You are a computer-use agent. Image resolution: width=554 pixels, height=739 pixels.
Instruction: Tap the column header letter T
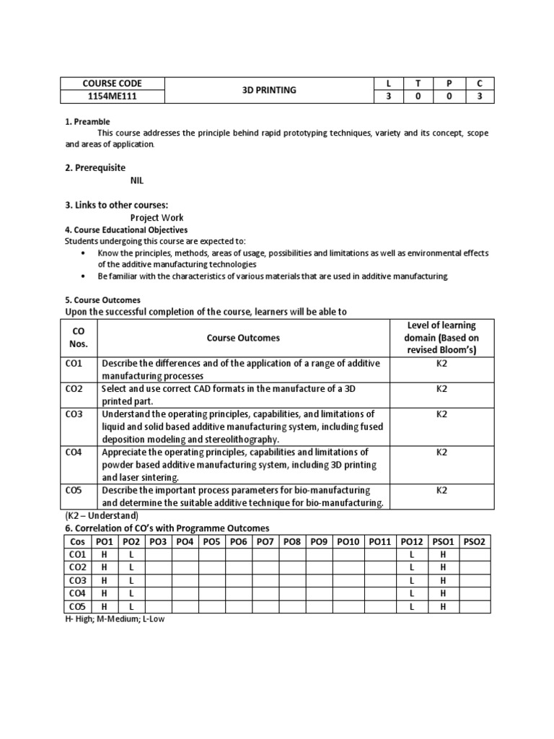click(x=416, y=84)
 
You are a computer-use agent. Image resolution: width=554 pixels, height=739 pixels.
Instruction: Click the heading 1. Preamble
click(x=87, y=121)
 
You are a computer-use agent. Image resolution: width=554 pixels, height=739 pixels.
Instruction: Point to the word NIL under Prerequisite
click(x=137, y=181)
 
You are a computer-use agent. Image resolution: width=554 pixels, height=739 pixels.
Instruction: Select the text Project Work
click(x=157, y=217)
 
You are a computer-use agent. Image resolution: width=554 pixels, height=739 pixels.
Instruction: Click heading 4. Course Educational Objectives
click(x=126, y=229)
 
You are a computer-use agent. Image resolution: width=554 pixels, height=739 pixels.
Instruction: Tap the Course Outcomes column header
click(x=243, y=337)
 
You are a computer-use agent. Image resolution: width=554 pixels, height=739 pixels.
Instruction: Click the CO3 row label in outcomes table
click(x=74, y=414)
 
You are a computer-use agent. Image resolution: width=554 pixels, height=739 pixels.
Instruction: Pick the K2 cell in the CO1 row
click(x=441, y=363)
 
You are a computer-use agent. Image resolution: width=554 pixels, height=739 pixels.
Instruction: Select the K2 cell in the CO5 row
click(x=441, y=490)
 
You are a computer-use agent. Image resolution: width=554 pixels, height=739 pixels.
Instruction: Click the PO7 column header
click(x=265, y=541)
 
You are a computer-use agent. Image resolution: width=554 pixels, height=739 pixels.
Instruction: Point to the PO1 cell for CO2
click(x=105, y=567)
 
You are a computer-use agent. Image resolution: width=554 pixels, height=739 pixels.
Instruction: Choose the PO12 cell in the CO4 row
click(x=411, y=593)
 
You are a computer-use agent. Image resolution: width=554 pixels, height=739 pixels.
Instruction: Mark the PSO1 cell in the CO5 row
click(x=444, y=606)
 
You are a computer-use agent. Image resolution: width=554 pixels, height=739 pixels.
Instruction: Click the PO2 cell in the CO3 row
click(x=131, y=580)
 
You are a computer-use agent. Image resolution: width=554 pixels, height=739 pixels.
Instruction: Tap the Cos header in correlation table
click(x=77, y=541)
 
